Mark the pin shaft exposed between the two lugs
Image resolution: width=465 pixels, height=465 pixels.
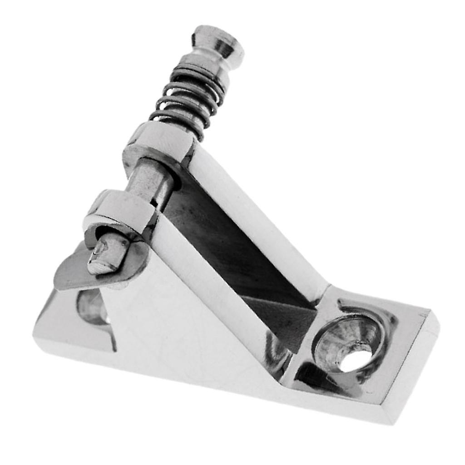coord(150,182)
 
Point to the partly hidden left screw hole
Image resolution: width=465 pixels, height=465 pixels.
coord(91,307)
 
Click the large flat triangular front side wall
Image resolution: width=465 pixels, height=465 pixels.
coord(182,318)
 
